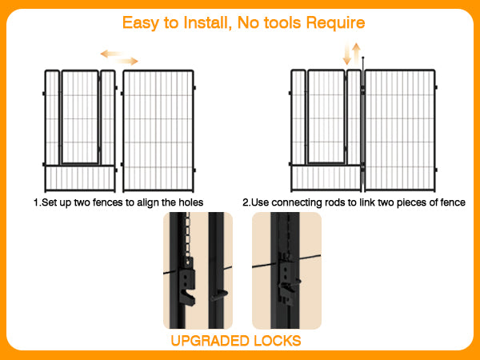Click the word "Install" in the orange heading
click(207, 22)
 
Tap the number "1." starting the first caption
click(37, 202)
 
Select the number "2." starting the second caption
click(246, 202)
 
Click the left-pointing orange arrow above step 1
click(112, 54)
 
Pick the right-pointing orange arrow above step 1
click(127, 61)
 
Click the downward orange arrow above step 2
click(347, 54)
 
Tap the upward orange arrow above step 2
click(356, 54)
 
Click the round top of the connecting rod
click(362, 58)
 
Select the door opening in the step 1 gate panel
click(80, 117)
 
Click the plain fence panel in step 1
click(158, 130)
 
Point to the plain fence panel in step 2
click(399, 130)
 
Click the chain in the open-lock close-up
click(188, 236)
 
